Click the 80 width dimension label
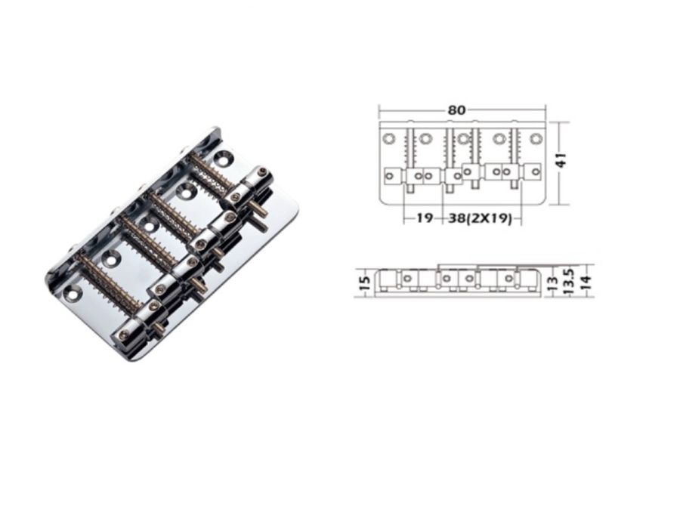coord(456,110)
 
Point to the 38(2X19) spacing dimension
coord(481,220)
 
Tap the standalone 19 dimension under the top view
coord(423,220)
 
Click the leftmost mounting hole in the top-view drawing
coord(389,139)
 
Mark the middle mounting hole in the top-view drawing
coord(462,139)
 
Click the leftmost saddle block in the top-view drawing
coord(390,176)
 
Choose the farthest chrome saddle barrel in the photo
coord(251,178)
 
